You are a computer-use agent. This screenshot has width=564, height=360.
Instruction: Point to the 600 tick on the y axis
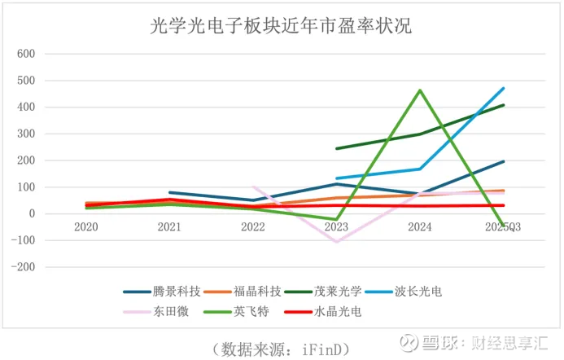27,54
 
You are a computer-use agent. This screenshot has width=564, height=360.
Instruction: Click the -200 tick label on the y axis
25,267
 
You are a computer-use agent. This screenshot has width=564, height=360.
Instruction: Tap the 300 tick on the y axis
27,134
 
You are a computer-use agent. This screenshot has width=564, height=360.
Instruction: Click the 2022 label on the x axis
253,227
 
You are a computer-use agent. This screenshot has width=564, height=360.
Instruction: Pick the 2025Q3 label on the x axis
503,227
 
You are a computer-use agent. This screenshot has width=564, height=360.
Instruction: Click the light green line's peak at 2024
420,90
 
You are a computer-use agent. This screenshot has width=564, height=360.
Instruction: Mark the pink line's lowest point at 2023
336,242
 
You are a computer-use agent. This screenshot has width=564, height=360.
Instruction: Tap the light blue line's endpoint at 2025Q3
504,88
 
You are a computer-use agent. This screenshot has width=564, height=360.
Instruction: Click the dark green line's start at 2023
336,148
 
